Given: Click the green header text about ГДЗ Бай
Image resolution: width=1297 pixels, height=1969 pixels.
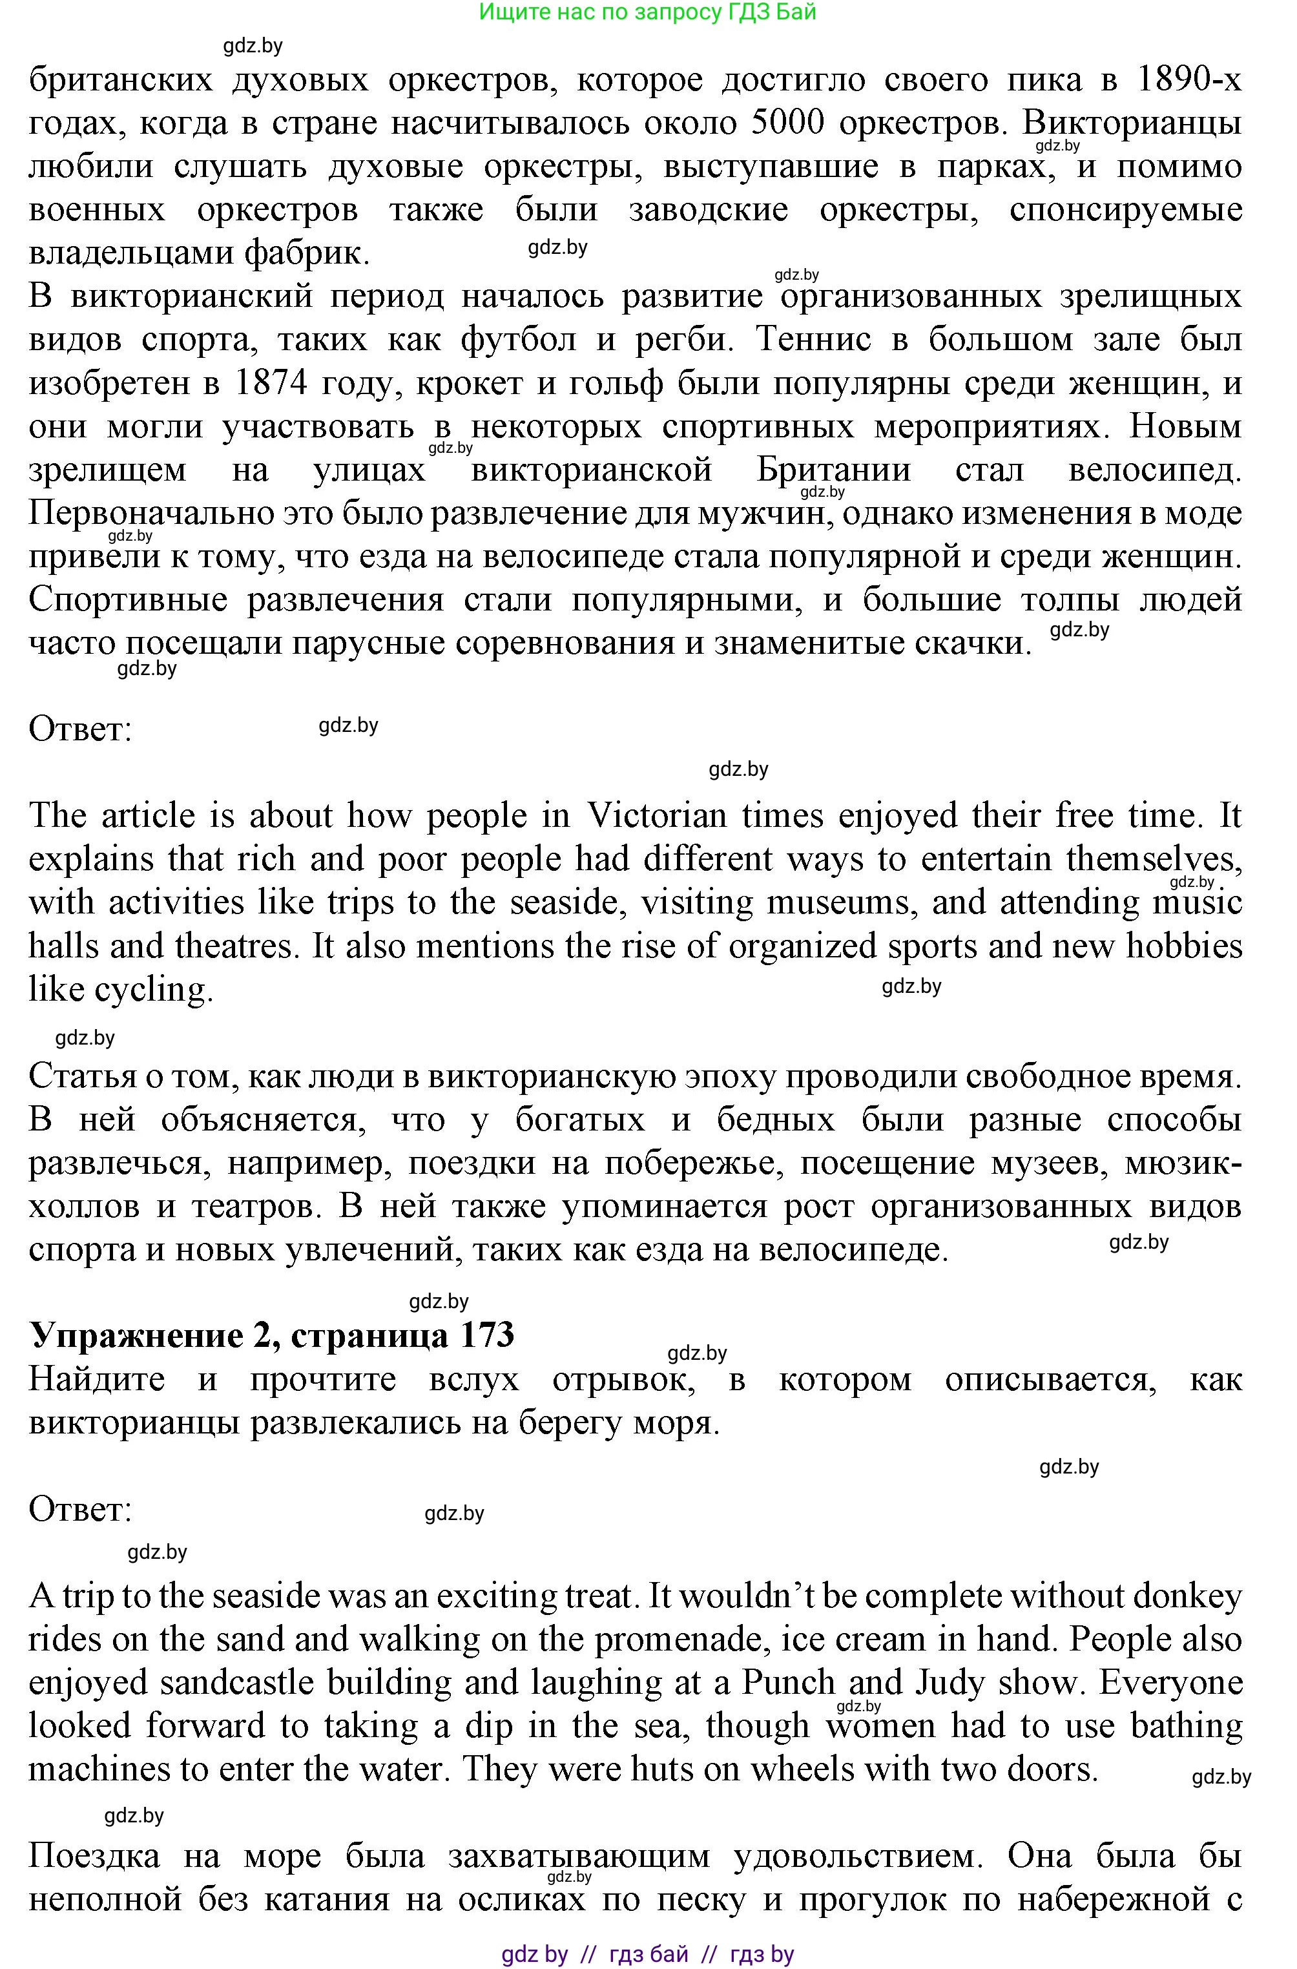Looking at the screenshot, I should click(x=648, y=12).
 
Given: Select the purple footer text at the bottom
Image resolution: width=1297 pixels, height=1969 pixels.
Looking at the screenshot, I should click(x=648, y=1954).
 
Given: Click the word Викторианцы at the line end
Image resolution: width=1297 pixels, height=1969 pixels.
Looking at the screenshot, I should click(x=1132, y=123).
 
